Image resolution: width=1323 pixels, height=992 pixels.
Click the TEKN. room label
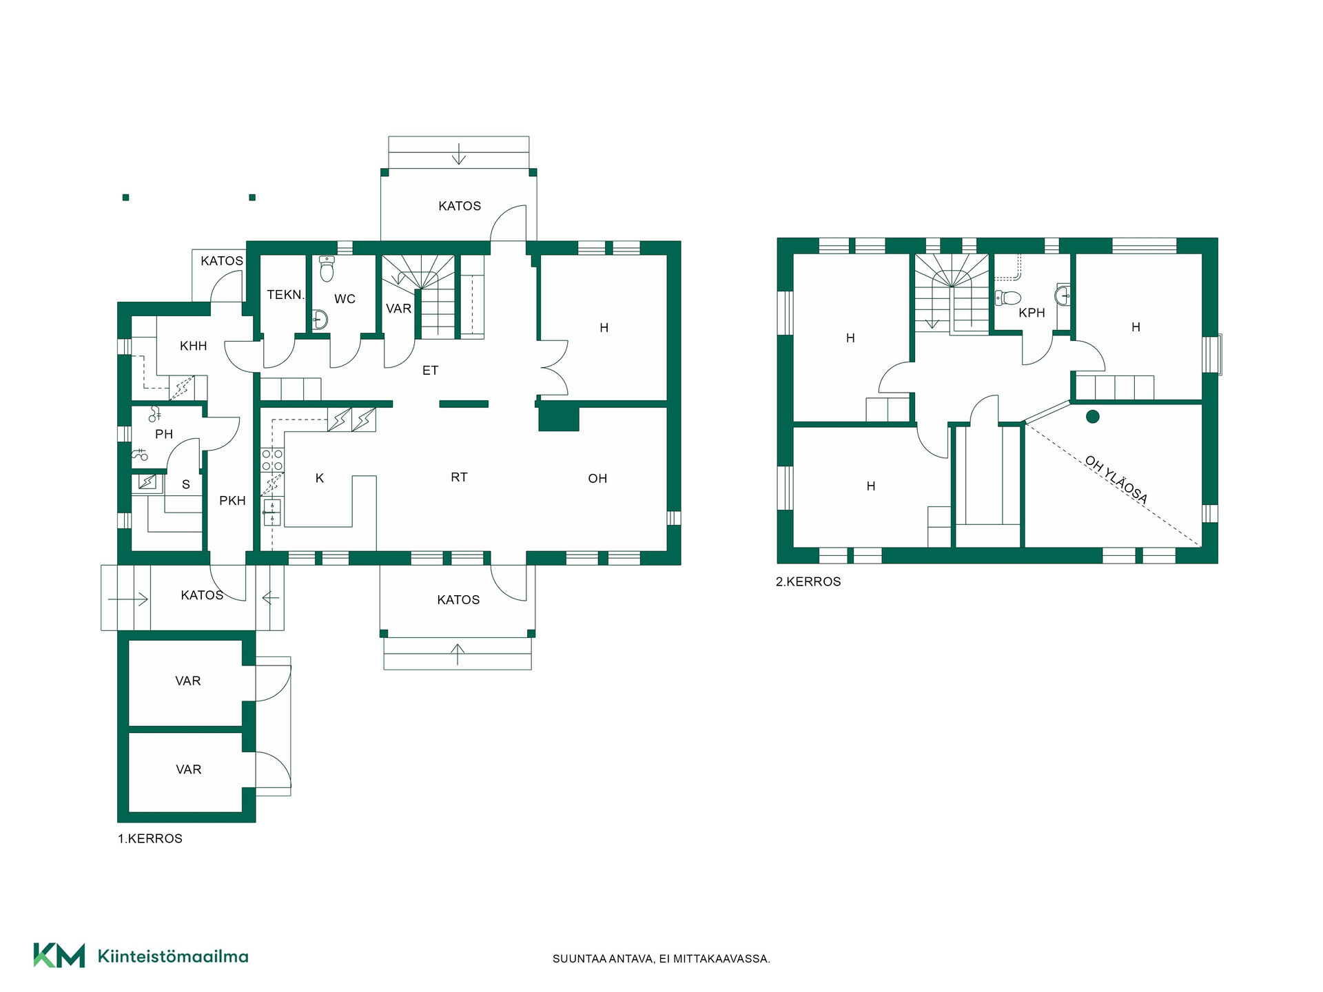(x=285, y=295)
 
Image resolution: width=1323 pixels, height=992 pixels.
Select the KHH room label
(x=194, y=346)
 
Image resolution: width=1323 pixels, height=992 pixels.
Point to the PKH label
(x=232, y=501)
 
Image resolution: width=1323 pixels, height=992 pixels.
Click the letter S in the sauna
(x=186, y=485)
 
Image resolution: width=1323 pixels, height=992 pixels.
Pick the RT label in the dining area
(x=459, y=477)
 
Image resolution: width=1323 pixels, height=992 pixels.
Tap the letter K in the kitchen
(x=320, y=478)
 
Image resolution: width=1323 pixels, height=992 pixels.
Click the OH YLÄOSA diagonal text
(x=1116, y=479)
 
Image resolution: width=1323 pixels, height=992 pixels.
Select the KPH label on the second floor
(x=1032, y=313)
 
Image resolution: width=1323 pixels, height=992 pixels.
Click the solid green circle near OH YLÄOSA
(x=1093, y=417)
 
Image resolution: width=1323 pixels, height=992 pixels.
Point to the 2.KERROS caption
(x=808, y=581)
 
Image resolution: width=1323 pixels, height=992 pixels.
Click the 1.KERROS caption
(x=150, y=838)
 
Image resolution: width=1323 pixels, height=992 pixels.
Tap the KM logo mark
(x=59, y=955)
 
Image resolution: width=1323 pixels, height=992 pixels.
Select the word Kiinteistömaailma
(x=173, y=956)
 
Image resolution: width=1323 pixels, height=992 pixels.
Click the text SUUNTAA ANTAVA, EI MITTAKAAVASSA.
(x=661, y=959)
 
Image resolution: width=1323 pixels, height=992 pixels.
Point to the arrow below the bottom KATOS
(x=458, y=654)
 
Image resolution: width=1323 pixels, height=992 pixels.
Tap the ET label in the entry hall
(x=430, y=371)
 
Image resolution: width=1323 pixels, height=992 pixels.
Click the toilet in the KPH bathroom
(x=1008, y=298)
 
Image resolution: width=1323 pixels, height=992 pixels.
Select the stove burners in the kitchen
(x=271, y=460)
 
